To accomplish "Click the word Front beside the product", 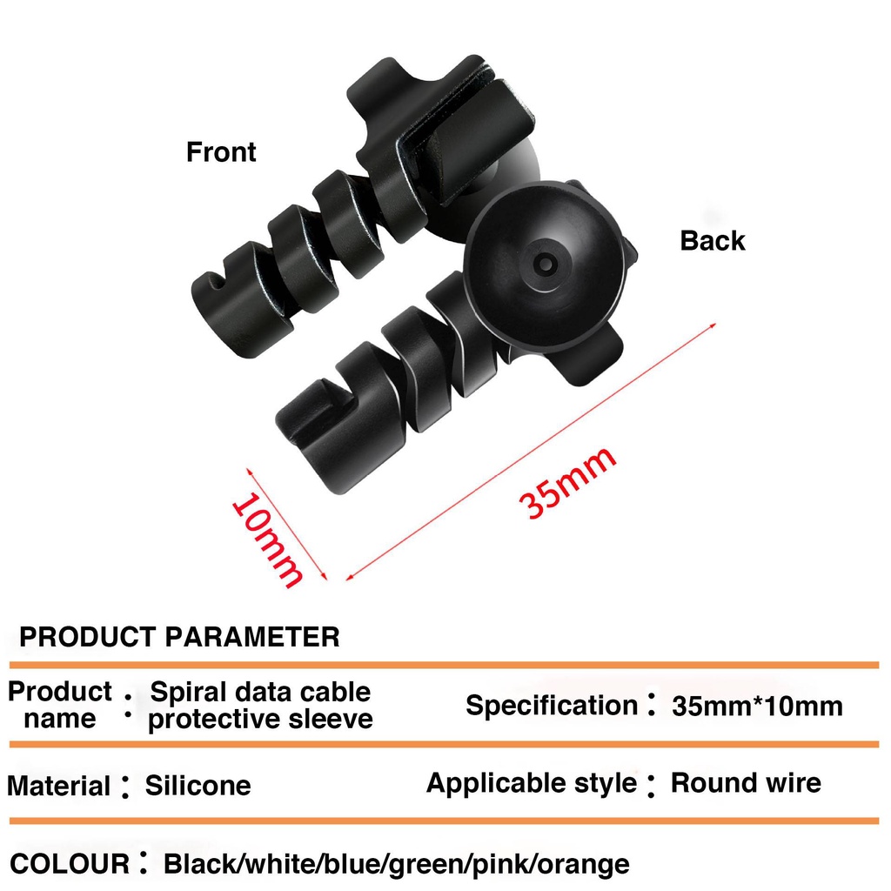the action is click(x=221, y=152).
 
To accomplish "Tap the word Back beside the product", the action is click(x=712, y=240).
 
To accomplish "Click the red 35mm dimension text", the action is click(x=567, y=482).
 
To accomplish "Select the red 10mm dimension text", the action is click(x=267, y=539).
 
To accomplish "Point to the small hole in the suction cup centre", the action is click(x=545, y=264).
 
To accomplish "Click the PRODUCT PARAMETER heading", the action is click(x=179, y=636).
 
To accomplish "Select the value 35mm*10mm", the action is click(x=757, y=707).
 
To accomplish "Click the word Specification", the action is click(x=552, y=706).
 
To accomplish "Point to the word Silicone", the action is click(x=198, y=786).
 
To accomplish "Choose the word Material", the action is click(x=58, y=787).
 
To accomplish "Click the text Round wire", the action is click(x=746, y=783).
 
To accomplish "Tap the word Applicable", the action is click(x=496, y=784).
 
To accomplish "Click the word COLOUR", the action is click(x=70, y=864).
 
